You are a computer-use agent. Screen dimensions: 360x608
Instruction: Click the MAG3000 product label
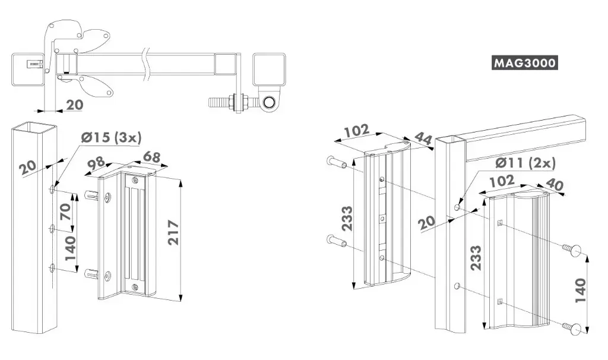525,63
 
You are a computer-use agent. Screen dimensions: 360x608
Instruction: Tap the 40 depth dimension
555,185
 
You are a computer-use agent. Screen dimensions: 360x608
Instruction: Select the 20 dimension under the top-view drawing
74,105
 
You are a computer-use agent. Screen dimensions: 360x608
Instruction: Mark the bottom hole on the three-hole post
52,268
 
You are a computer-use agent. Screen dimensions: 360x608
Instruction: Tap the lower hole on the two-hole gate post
457,288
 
